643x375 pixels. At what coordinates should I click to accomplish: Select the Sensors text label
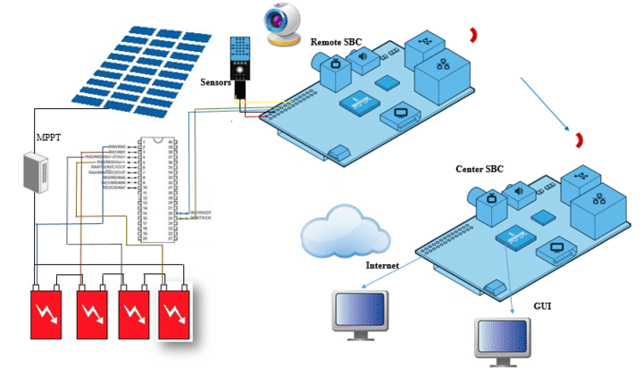point(220,79)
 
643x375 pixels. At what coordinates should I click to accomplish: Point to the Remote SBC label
point(337,42)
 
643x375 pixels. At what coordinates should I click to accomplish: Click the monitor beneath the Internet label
point(359,312)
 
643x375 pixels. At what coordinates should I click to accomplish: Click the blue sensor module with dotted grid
point(246,58)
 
